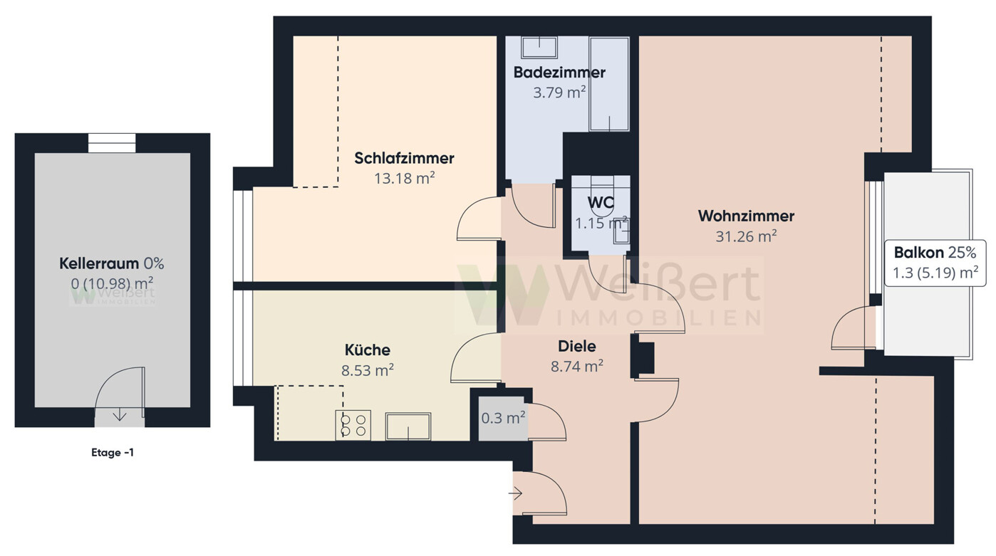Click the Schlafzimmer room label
pyautogui.click(x=404, y=158)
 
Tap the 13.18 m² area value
pyautogui.click(x=404, y=178)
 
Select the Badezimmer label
pyautogui.click(x=559, y=73)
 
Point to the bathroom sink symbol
pyautogui.click(x=539, y=47)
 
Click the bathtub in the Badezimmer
pyautogui.click(x=609, y=84)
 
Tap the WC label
pyautogui.click(x=601, y=203)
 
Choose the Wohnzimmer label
pyautogui.click(x=746, y=216)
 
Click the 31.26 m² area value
pyautogui.click(x=746, y=236)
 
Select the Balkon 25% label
pyautogui.click(x=935, y=253)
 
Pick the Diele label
pyautogui.click(x=576, y=346)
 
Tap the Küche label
pyautogui.click(x=368, y=350)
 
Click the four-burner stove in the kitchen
pyautogui.click(x=353, y=425)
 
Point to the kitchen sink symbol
pyautogui.click(x=408, y=426)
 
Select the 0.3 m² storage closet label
pyautogui.click(x=503, y=418)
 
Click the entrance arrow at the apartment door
pyautogui.click(x=515, y=493)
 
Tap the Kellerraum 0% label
pyautogui.click(x=112, y=263)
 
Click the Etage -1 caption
pyautogui.click(x=113, y=453)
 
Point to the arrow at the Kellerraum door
pyautogui.click(x=120, y=416)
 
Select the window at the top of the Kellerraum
pyautogui.click(x=112, y=143)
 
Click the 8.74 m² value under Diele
pyautogui.click(x=576, y=366)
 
